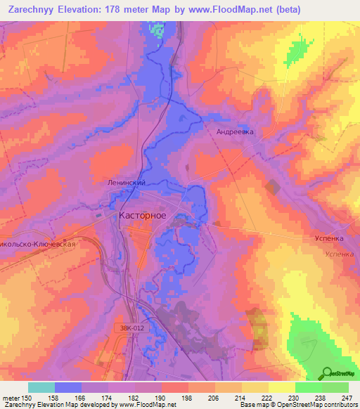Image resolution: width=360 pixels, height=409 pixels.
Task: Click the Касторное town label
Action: [143, 216]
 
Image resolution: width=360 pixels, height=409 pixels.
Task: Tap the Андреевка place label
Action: [235, 131]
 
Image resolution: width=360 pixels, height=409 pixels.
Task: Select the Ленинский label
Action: [126, 182]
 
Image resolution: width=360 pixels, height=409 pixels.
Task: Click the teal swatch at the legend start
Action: [41, 387]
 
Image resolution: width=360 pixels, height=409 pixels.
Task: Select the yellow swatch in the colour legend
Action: [281, 387]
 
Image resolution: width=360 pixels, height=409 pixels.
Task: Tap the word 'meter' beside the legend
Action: [13, 396]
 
